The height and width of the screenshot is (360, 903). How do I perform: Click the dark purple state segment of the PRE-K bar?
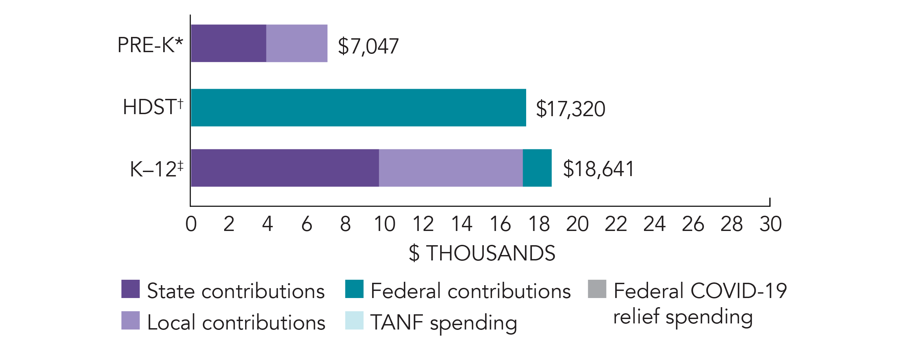click(x=229, y=43)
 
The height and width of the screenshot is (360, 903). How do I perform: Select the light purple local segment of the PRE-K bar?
click(x=297, y=43)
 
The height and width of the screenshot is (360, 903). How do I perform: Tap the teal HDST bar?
click(x=358, y=107)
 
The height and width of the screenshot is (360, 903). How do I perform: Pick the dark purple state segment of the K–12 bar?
click(x=285, y=168)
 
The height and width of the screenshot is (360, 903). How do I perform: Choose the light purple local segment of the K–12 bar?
click(x=450, y=168)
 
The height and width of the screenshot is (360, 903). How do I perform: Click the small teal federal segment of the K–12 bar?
click(x=537, y=168)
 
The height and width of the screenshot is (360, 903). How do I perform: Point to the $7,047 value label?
click(x=368, y=46)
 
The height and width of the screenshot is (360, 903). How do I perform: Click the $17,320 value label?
click(x=570, y=109)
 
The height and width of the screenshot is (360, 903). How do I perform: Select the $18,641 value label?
click(x=598, y=169)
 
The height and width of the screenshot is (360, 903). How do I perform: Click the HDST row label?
click(x=153, y=107)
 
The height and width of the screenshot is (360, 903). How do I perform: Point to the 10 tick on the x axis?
click(x=384, y=224)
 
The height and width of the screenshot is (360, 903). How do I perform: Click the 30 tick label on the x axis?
click(x=770, y=224)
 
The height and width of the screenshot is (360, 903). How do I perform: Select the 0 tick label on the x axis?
click(x=191, y=224)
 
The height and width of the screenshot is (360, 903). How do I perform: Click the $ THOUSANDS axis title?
click(x=482, y=253)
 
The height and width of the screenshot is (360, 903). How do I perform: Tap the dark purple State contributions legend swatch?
click(x=130, y=289)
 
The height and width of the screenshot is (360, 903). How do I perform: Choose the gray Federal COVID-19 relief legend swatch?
click(x=597, y=289)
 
